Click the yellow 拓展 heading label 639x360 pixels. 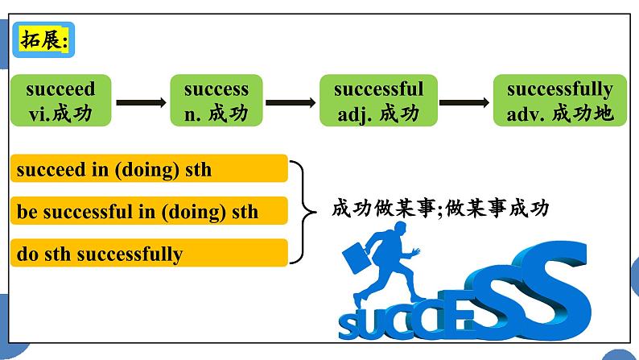coord(45,40)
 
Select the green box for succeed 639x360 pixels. coord(60,101)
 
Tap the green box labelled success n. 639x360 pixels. coord(216,101)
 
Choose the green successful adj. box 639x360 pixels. coord(378,101)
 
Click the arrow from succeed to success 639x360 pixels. coord(141,102)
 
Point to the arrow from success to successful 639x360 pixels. coord(291,102)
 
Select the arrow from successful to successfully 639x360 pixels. coord(464,102)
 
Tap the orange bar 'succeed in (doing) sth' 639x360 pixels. coord(150,169)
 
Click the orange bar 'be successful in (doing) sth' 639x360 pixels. coord(150,212)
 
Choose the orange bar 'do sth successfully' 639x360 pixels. coord(150,254)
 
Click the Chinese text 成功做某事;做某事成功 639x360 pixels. coord(440,209)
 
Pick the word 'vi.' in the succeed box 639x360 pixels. coord(37,114)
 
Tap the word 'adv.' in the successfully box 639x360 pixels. coord(526,114)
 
